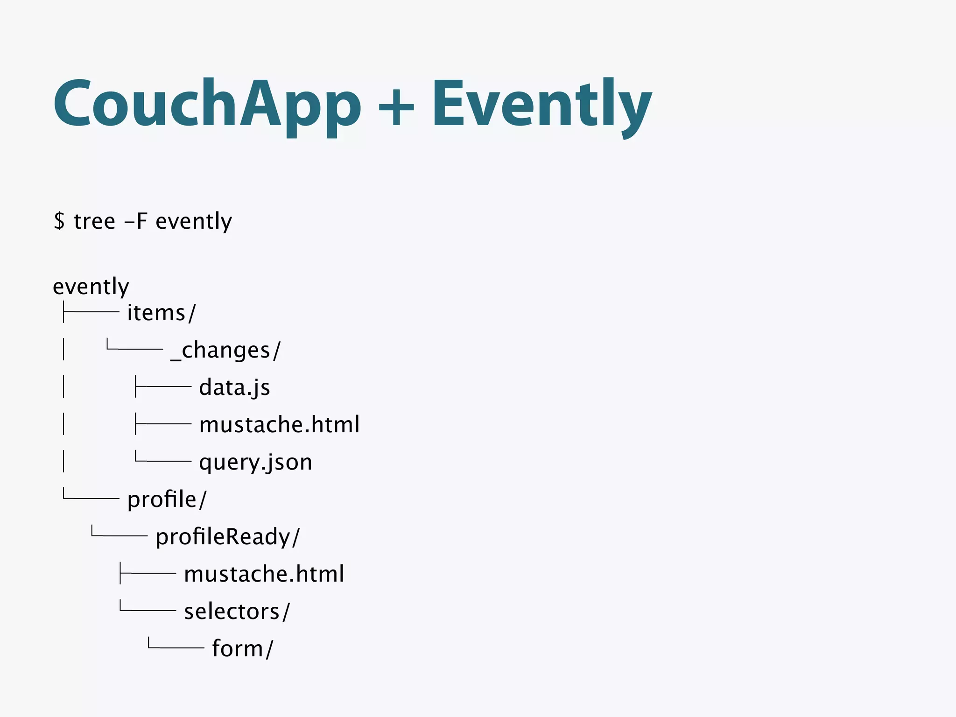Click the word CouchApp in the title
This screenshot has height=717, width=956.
(207, 104)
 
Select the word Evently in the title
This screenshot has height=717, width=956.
(541, 104)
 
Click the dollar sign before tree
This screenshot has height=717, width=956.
(59, 221)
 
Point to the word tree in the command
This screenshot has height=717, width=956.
(94, 221)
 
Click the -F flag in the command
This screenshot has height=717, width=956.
(136, 221)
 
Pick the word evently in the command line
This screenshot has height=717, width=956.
(193, 221)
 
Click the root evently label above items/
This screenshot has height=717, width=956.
(91, 286)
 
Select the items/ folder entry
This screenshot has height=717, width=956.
(162, 312)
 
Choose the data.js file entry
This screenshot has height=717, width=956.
(234, 387)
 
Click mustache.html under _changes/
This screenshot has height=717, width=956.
(279, 425)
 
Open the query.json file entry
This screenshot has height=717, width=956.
(255, 462)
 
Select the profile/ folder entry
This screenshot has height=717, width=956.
(167, 499)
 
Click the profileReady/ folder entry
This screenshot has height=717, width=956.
(228, 537)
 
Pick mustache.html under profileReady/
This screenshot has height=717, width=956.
(264, 574)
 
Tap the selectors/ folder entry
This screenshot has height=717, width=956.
(237, 612)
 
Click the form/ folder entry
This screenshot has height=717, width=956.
(242, 649)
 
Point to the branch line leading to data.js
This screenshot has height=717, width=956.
(163, 387)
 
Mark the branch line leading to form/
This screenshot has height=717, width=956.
(176, 647)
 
